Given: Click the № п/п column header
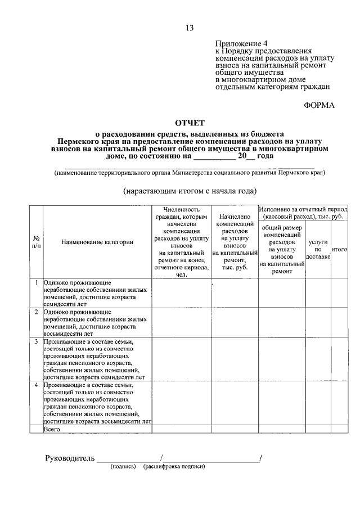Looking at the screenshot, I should (36, 242).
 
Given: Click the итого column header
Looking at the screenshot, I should (339, 249).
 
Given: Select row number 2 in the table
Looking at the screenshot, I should (36, 311).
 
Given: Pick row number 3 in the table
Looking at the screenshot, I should (36, 341).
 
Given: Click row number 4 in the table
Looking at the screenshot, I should (36, 385).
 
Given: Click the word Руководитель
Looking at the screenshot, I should (69, 458).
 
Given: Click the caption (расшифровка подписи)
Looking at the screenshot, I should (174, 466).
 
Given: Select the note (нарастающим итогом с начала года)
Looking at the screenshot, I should (190, 191).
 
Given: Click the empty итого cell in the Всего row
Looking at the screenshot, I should (339, 429).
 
